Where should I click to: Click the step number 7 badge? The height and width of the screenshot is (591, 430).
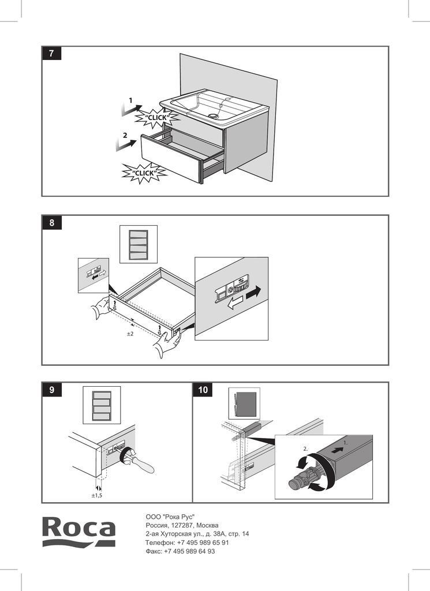coord(51,54)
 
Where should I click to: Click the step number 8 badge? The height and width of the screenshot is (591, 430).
coord(51,223)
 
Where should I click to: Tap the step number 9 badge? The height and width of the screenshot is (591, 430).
coord(51,390)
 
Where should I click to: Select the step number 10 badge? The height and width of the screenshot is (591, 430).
coord(203,390)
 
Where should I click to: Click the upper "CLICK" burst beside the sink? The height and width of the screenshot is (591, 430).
coord(156,118)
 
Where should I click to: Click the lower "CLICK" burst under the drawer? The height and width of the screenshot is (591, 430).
coord(143,173)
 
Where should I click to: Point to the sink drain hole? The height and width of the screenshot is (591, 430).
coord(215,115)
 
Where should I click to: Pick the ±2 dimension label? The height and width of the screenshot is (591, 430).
coord(130,334)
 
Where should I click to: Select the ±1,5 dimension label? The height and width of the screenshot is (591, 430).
coord(96,495)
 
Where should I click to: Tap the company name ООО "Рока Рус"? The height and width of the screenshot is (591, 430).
coord(170,517)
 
